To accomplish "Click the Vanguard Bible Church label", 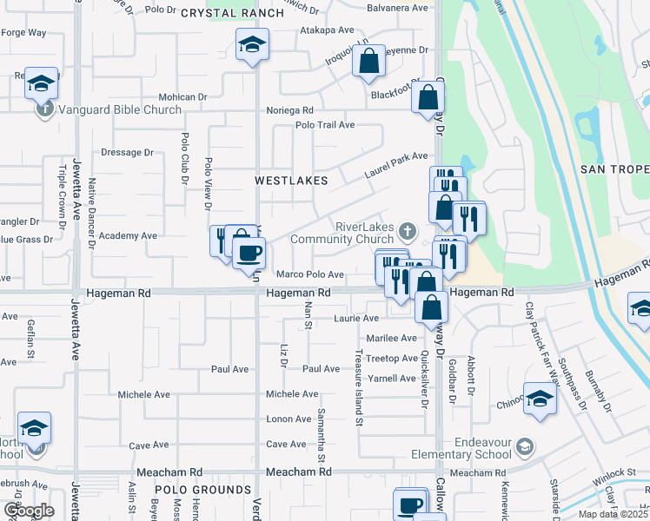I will pyautogui.click(x=120, y=109).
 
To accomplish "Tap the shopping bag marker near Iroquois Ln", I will pyautogui.click(x=368, y=62).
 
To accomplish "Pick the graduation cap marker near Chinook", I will pyautogui.click(x=540, y=399).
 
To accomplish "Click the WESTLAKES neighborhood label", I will pyautogui.click(x=291, y=181).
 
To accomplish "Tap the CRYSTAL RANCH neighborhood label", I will pyautogui.click(x=232, y=13).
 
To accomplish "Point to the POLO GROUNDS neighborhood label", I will pyautogui.click(x=203, y=490).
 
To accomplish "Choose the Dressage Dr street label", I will pyautogui.click(x=127, y=152).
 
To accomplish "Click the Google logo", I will pyautogui.click(x=28, y=511).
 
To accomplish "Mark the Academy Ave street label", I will pyautogui.click(x=128, y=235).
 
